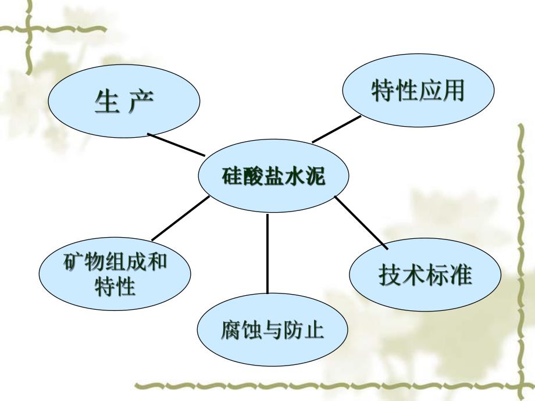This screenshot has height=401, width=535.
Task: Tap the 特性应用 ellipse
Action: click(418, 92)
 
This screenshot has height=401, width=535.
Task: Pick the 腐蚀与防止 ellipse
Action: click(272, 332)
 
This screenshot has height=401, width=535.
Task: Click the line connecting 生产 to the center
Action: click(176, 144)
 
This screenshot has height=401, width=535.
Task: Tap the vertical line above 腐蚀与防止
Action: click(267, 253)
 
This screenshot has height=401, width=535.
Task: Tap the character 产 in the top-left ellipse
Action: click(141, 102)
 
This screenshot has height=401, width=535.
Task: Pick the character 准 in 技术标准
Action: click(460, 274)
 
